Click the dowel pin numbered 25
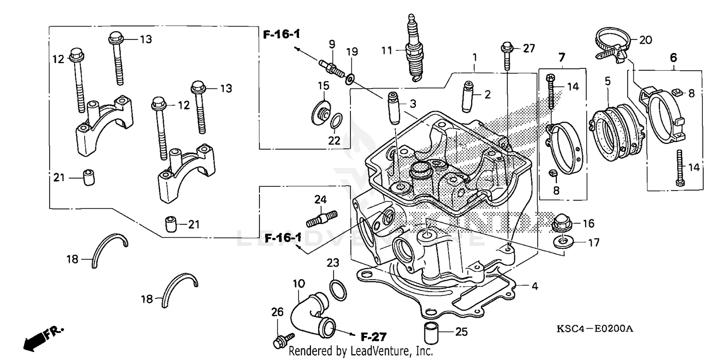(x=430, y=332)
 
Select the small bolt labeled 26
(x=280, y=342)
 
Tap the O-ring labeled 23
(x=337, y=289)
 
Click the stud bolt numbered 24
(x=322, y=218)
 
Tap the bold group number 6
(x=673, y=58)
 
